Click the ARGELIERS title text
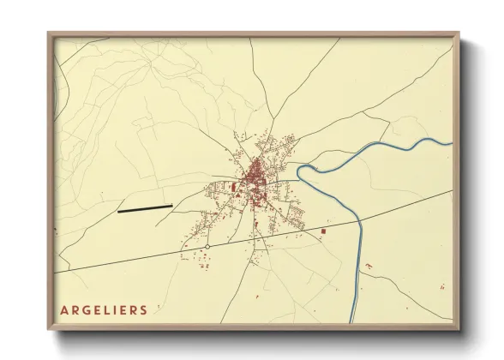click(x=104, y=310)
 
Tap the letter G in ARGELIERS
click(x=86, y=310)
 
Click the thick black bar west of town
click(x=144, y=207)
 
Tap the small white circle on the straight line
click(x=207, y=247)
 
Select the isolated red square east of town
click(x=323, y=231)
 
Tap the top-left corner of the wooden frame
click(x=49, y=33)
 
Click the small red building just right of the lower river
click(x=368, y=267)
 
